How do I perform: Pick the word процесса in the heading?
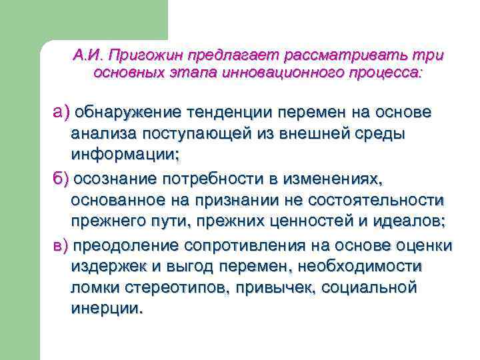coord(382,71)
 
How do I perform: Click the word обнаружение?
coord(127,110)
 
